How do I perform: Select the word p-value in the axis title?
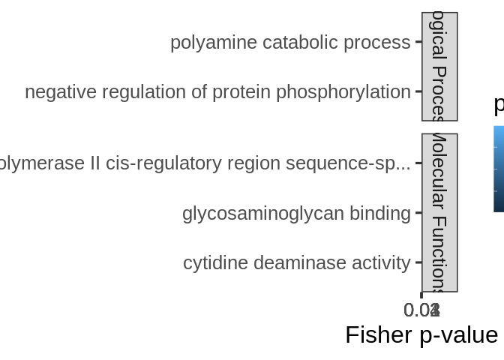pyautogui.click(x=459, y=334)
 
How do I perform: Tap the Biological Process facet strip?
pyautogui.click(x=439, y=67)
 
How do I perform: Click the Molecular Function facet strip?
pyautogui.click(x=439, y=213)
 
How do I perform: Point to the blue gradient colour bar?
pyautogui.click(x=499, y=169)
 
